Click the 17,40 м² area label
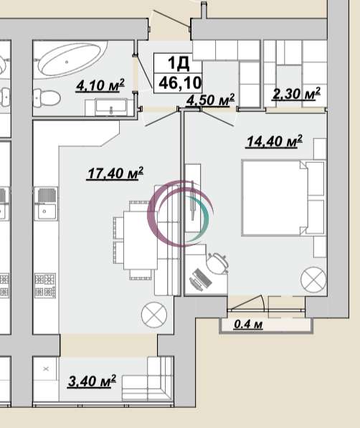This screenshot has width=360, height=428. [x=115, y=173]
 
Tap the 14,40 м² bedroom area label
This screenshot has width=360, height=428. [x=274, y=141]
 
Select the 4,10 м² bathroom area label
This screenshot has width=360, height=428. [x=100, y=85]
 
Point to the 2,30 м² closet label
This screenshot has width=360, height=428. [x=296, y=94]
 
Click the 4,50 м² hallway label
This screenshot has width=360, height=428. [x=210, y=100]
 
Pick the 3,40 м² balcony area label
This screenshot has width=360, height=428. [x=92, y=381]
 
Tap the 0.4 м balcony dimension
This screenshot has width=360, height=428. [x=248, y=324]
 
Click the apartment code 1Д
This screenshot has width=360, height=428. [x=179, y=63]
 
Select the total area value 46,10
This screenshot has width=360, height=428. [x=180, y=82]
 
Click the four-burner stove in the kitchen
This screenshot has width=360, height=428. [x=45, y=285]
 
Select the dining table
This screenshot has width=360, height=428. [x=141, y=240]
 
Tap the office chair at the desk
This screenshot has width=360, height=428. [x=217, y=264]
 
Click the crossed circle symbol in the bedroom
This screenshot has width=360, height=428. [x=313, y=280]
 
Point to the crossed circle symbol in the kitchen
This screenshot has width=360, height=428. [x=154, y=315]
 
